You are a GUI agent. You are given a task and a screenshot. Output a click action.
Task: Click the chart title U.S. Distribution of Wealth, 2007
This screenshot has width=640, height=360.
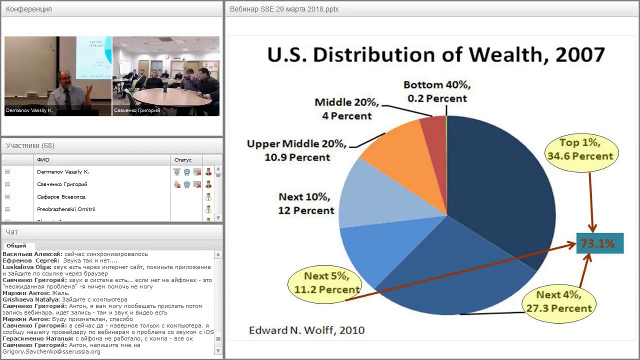(436, 55)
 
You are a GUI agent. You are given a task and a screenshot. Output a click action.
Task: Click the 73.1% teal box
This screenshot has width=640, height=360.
(599, 243)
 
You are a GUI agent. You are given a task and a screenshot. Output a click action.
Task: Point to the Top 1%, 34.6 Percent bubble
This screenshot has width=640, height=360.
(580, 149)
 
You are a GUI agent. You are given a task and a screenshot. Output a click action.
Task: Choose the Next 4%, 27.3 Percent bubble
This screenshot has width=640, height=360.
(559, 301)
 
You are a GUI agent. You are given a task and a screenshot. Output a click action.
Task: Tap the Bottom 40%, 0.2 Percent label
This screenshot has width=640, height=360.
(437, 91)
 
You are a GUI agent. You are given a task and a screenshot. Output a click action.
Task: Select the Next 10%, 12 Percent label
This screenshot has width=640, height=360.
(306, 203)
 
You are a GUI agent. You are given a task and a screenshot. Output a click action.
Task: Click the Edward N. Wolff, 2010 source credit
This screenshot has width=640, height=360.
(306, 330)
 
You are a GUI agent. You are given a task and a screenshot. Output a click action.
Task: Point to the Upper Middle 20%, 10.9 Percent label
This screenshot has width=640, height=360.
(296, 150)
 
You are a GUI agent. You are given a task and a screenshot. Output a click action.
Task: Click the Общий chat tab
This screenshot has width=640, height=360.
(16, 245)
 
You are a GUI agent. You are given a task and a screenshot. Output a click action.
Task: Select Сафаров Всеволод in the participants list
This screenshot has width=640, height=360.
(61, 197)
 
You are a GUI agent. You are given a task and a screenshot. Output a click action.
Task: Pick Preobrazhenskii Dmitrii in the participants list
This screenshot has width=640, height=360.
(66, 209)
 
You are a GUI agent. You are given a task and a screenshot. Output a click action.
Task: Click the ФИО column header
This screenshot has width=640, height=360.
(43, 160)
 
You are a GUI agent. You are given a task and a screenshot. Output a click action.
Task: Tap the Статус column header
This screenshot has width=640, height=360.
(183, 160)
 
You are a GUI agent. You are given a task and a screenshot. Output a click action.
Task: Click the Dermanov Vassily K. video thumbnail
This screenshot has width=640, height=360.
(58, 76)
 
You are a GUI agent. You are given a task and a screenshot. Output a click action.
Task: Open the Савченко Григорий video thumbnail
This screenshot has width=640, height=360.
(166, 76)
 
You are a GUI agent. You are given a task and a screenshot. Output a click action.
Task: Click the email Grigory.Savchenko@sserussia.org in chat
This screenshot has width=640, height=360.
(51, 351)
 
